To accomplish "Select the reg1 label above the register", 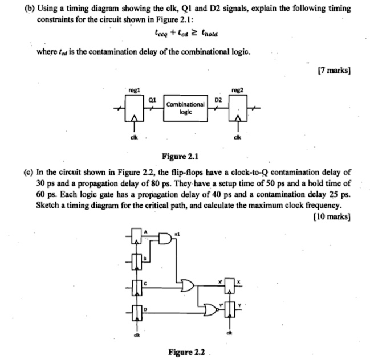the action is click(x=135, y=89).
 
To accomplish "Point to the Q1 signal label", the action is click(x=153, y=99).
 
